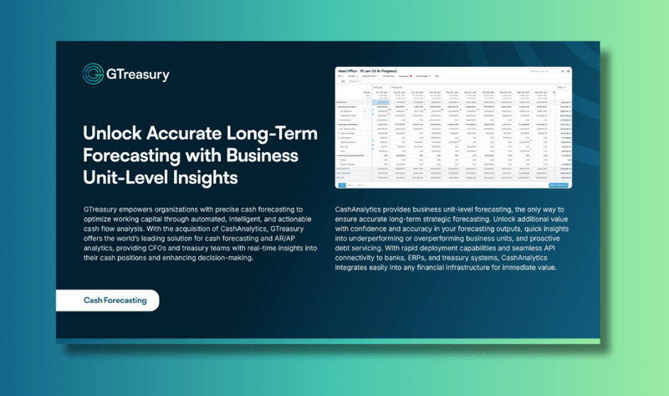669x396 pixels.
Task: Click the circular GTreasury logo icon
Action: (93, 74)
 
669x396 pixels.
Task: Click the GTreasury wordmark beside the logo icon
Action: (137, 75)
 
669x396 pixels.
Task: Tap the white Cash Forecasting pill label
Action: (115, 300)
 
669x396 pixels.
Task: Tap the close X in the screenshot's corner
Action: (568, 72)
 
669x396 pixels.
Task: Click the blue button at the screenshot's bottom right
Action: (558, 185)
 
